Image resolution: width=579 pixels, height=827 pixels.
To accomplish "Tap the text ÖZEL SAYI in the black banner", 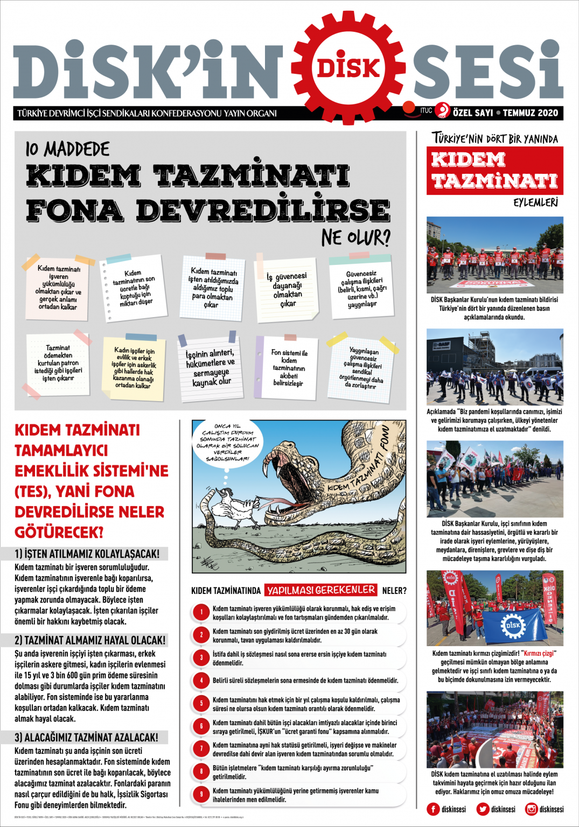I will tap(472, 113).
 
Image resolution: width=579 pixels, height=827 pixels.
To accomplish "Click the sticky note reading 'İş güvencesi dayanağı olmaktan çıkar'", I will tap(287, 290).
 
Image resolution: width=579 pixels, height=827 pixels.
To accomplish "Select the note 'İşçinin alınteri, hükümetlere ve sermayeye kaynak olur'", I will tap(210, 368).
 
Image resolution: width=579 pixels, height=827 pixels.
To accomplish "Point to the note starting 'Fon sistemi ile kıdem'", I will tap(288, 368).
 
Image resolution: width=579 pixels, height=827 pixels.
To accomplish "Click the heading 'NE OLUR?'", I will tap(355, 237).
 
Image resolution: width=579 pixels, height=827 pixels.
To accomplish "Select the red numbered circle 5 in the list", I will tap(201, 703).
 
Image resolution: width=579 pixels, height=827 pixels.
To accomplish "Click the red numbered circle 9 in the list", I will tap(201, 794).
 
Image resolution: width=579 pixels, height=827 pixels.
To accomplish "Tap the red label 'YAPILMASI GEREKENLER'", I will tap(321, 590).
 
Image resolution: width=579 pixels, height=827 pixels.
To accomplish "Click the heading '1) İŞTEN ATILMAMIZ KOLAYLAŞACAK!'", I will tap(87, 553).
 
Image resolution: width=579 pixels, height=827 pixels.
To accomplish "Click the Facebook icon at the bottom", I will tap(433, 809).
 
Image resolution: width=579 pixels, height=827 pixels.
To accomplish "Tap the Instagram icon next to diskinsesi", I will tap(532, 809).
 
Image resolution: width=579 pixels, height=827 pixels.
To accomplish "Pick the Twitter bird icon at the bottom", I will tap(483, 809).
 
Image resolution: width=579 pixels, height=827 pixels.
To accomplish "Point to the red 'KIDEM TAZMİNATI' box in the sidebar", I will tap(494, 170).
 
